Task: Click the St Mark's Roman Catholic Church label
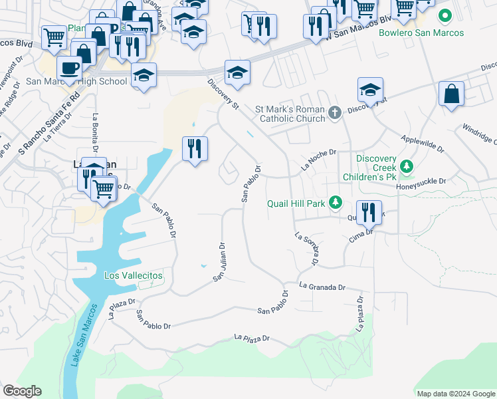[x=290, y=114]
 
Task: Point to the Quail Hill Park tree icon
[x=336, y=203]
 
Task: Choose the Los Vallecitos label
[x=134, y=275]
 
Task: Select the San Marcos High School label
[x=85, y=81]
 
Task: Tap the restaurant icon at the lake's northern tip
[x=195, y=149]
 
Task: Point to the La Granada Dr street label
[x=322, y=287]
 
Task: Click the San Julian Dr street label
[x=218, y=261]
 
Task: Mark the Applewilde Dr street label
[x=423, y=144]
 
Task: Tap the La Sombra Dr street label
[x=306, y=248]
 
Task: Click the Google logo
[x=22, y=391]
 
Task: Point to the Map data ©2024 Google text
[x=455, y=394]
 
